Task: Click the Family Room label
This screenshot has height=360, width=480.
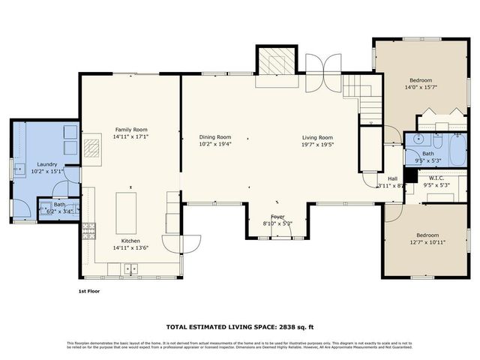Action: [131, 129]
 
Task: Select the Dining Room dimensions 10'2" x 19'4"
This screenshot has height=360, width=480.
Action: [214, 144]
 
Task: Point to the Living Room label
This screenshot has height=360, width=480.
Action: [317, 137]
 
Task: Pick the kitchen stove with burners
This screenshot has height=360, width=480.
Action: [89, 230]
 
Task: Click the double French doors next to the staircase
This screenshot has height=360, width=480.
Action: [323, 73]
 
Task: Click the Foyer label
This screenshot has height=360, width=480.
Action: [272, 216]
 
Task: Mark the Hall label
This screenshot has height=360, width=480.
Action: [392, 178]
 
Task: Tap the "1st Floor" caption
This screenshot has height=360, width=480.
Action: [88, 291]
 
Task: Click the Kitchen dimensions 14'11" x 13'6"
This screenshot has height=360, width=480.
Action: [131, 247]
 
